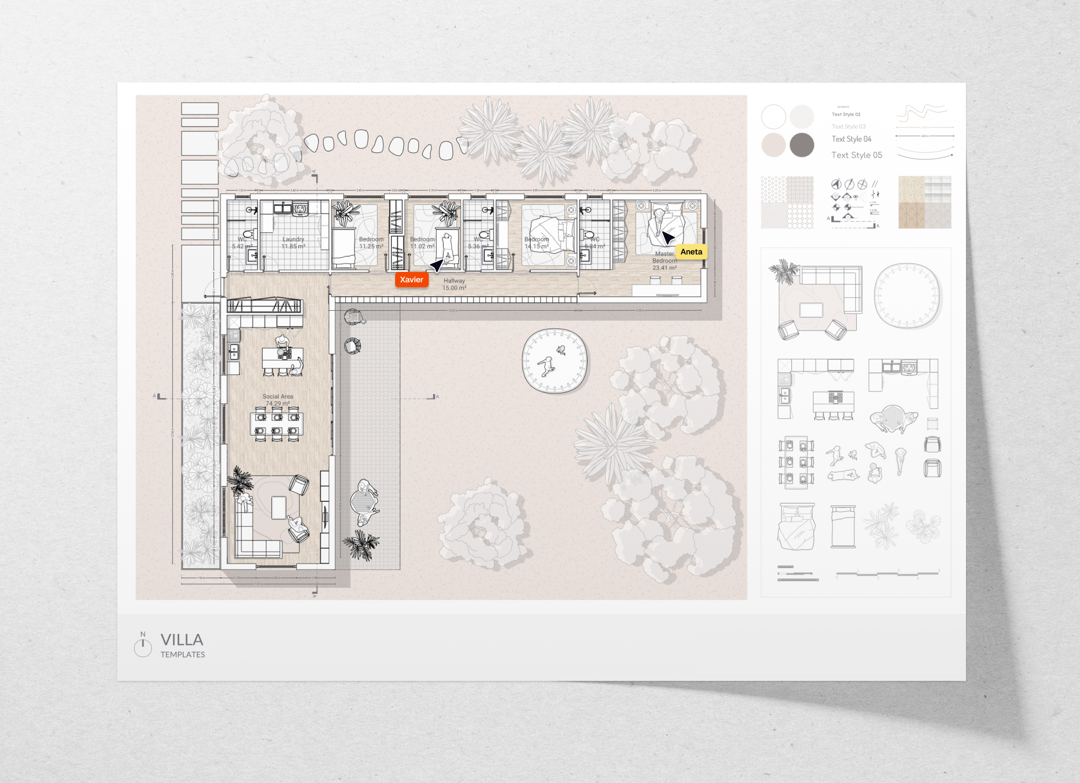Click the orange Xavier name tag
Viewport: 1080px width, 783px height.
[411, 279]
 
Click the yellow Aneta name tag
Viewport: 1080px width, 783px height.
[691, 252]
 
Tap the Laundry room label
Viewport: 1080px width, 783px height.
[293, 243]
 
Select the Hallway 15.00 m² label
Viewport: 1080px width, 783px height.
[454, 284]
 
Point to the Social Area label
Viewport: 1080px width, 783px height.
[278, 400]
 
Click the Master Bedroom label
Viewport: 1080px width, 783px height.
[664, 260]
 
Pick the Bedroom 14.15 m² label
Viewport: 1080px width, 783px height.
[536, 243]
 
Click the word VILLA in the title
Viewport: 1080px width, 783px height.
[182, 640]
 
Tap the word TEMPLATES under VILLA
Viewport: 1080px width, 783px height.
[183, 654]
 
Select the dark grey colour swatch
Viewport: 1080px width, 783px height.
[802, 145]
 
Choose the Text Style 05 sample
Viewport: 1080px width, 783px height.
[856, 155]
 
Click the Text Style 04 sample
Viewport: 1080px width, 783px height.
[851, 139]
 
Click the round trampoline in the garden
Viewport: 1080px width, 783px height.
[554, 361]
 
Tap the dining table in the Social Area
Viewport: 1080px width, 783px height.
[277, 424]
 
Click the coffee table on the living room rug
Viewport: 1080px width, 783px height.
[278, 507]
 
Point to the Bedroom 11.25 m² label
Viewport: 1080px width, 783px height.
[371, 243]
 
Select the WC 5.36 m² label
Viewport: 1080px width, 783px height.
[477, 243]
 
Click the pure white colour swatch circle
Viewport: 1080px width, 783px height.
[774, 116]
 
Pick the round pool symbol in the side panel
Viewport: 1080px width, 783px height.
[907, 296]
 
